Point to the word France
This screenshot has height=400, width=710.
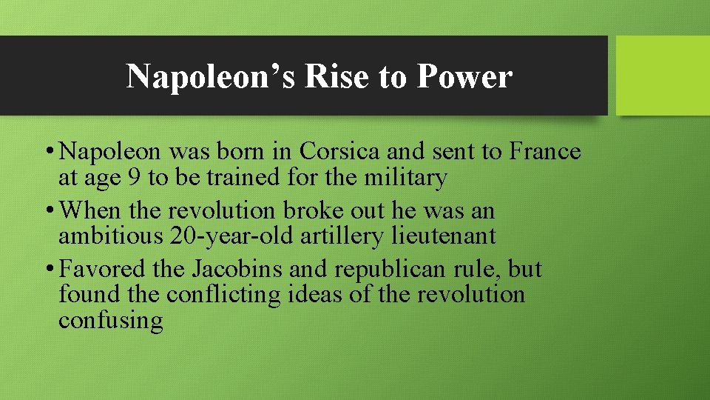545,152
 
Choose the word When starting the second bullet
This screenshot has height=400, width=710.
92,210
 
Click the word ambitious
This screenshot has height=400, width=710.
110,236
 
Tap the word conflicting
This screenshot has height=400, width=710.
223,295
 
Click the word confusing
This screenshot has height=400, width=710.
110,321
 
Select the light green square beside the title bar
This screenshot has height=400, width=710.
663,76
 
